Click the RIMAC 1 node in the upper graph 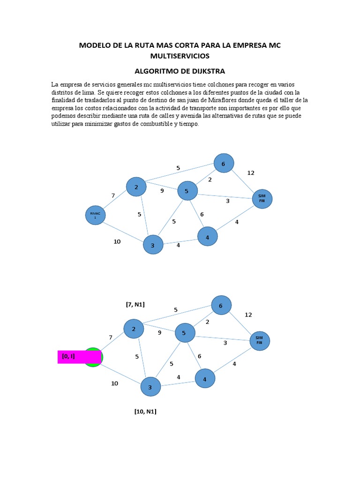95,216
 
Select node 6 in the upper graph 224,164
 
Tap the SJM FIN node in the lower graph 260,341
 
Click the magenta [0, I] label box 79,357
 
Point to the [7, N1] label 135,305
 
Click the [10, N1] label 145,412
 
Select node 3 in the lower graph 150,387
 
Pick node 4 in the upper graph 207,237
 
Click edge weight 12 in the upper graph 251,173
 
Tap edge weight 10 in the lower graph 114,383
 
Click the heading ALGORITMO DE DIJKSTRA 180,71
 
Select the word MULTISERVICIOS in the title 180,56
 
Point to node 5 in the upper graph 187,191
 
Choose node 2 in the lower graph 134,329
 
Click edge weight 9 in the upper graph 162,190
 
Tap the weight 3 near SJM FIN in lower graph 225,343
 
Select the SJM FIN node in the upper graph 262,199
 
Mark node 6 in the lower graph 221,305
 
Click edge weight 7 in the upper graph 113,195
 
